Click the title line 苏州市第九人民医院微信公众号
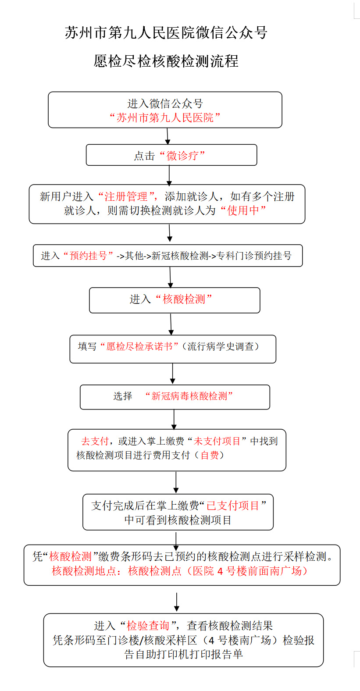(166, 33)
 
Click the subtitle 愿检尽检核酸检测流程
(166, 61)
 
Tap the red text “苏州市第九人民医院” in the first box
(165, 118)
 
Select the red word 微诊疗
(182, 156)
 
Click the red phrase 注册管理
(126, 196)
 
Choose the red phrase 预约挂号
(89, 256)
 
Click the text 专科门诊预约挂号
(254, 256)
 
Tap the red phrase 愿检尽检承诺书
(140, 346)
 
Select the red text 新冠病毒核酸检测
(189, 396)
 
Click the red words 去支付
(95, 441)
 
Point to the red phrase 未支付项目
(217, 441)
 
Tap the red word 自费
(210, 455)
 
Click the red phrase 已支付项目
(233, 506)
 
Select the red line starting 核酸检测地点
(180, 571)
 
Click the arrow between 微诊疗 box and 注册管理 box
(169, 175)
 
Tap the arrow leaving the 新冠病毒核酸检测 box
(174, 420)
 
